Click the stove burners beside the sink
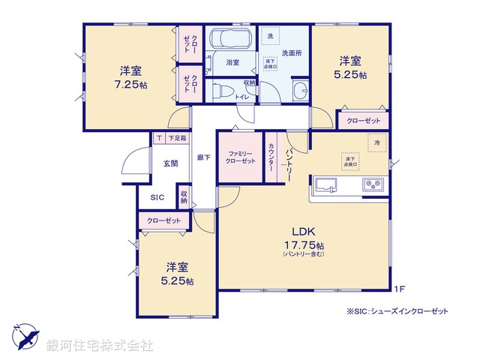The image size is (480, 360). (373, 184)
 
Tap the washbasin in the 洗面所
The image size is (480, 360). (299, 91)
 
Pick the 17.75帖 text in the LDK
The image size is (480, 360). (304, 246)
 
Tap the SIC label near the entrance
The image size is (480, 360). (157, 197)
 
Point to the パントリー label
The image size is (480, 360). (288, 160)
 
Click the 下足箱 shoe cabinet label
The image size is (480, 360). (177, 139)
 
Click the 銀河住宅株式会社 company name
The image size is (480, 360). (100, 346)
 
